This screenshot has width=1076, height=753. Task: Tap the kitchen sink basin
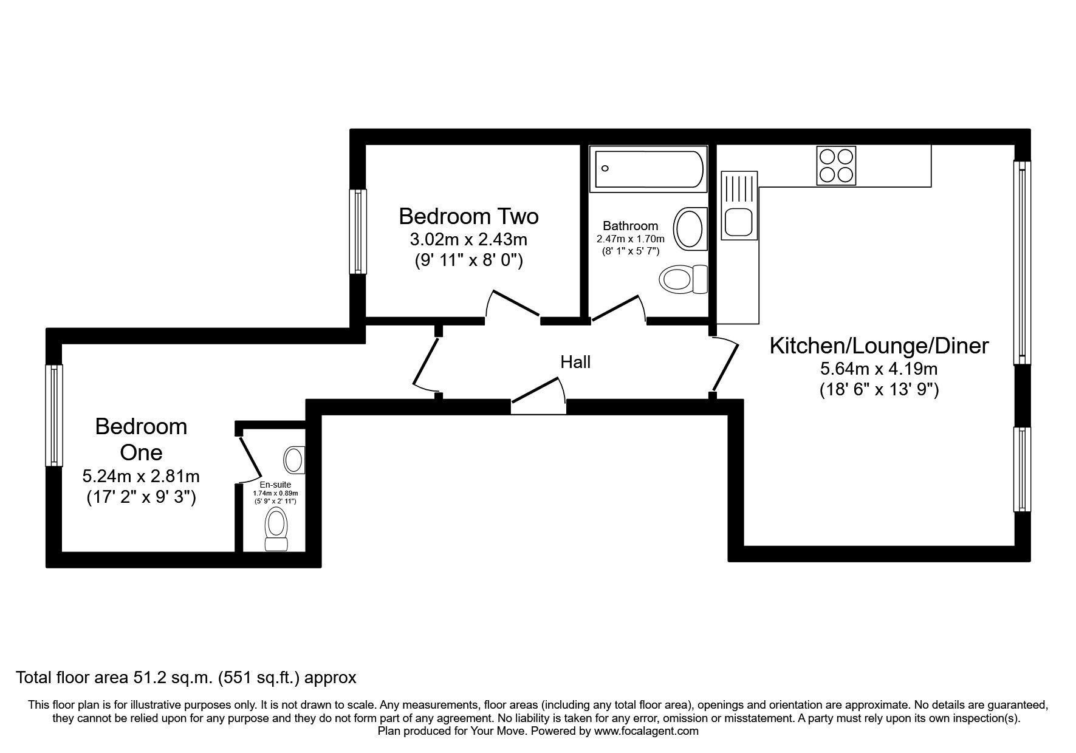click(x=739, y=222)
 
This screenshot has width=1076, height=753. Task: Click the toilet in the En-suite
click(x=276, y=530)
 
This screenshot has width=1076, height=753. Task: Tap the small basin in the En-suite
click(x=295, y=460)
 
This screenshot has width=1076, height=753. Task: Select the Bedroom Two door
click(x=512, y=305)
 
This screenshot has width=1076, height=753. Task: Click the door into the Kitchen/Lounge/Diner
click(x=725, y=364)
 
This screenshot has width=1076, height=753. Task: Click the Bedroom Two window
click(x=358, y=231)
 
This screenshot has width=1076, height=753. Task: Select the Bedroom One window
click(x=54, y=415)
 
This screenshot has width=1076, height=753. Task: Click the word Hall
click(x=575, y=363)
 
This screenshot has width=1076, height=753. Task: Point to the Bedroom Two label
click(x=468, y=216)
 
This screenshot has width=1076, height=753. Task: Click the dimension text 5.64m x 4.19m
click(x=879, y=369)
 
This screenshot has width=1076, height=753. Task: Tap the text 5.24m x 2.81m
click(x=141, y=475)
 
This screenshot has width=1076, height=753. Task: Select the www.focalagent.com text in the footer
click(x=646, y=731)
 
